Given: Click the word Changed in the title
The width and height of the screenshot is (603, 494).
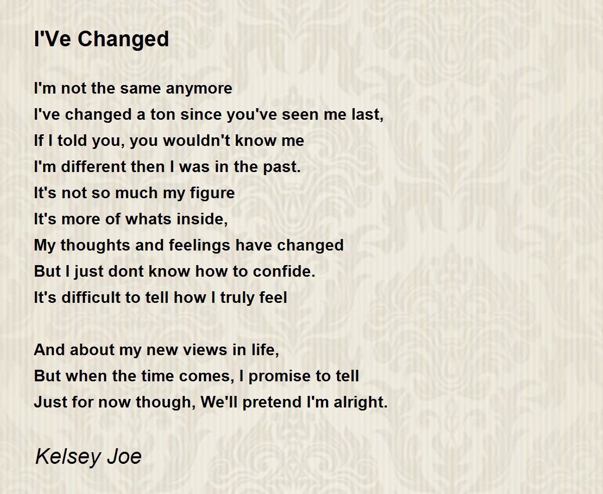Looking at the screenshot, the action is tap(123, 40).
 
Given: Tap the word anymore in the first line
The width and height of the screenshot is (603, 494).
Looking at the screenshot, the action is tap(199, 89).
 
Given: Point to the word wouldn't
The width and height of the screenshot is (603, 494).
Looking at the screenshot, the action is tap(196, 140).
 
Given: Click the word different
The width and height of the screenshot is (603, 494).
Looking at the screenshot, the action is tap(93, 167).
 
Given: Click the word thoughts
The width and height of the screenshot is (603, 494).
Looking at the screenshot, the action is tap(95, 245).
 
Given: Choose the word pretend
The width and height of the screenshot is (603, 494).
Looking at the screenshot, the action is tap(272, 403).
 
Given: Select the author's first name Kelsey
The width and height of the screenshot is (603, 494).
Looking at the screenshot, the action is tap(68, 457).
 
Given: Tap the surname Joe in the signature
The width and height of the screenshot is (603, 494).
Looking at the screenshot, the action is tap(125, 457).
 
